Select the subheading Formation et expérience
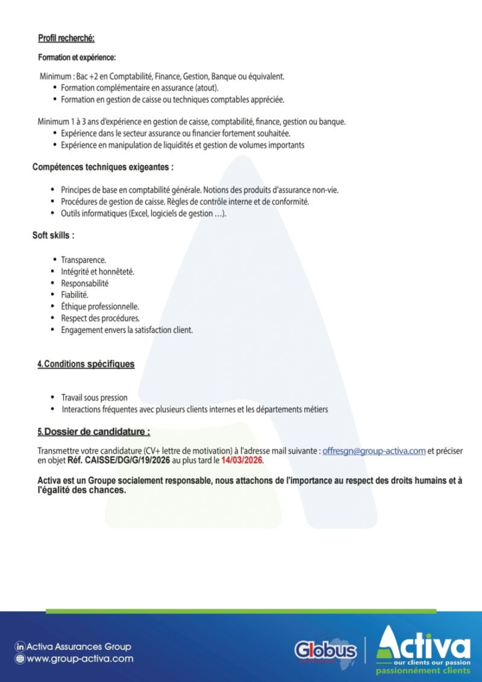tap(77, 58)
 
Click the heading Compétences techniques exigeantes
tap(103, 167)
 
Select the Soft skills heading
tap(53, 236)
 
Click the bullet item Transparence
tap(83, 260)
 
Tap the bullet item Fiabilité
tap(75, 294)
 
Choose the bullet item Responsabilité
tap(85, 283)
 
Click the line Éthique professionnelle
tap(100, 306)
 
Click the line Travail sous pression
tap(94, 398)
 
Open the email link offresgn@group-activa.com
tap(373, 451)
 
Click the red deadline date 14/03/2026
tap(242, 460)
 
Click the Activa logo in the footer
tap(423, 646)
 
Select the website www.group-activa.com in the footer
tap(79, 659)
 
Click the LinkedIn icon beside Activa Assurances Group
tap(20, 647)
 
